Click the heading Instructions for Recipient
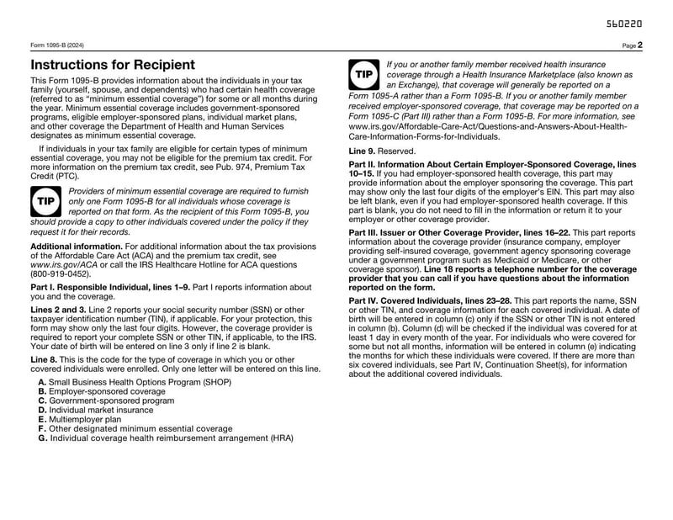pos(113,65)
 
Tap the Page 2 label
pos(633,45)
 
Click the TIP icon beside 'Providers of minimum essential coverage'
pos(45,202)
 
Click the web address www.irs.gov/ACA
pos(64,263)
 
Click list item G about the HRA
pos(166,438)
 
